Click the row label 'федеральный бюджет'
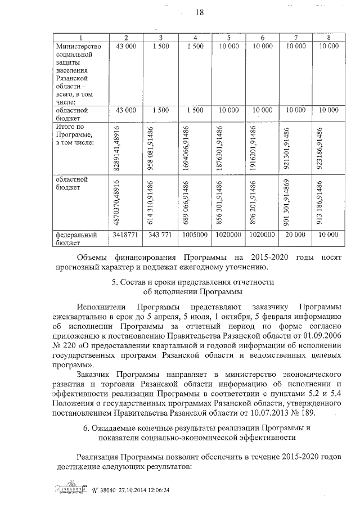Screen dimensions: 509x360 point(75,238)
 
